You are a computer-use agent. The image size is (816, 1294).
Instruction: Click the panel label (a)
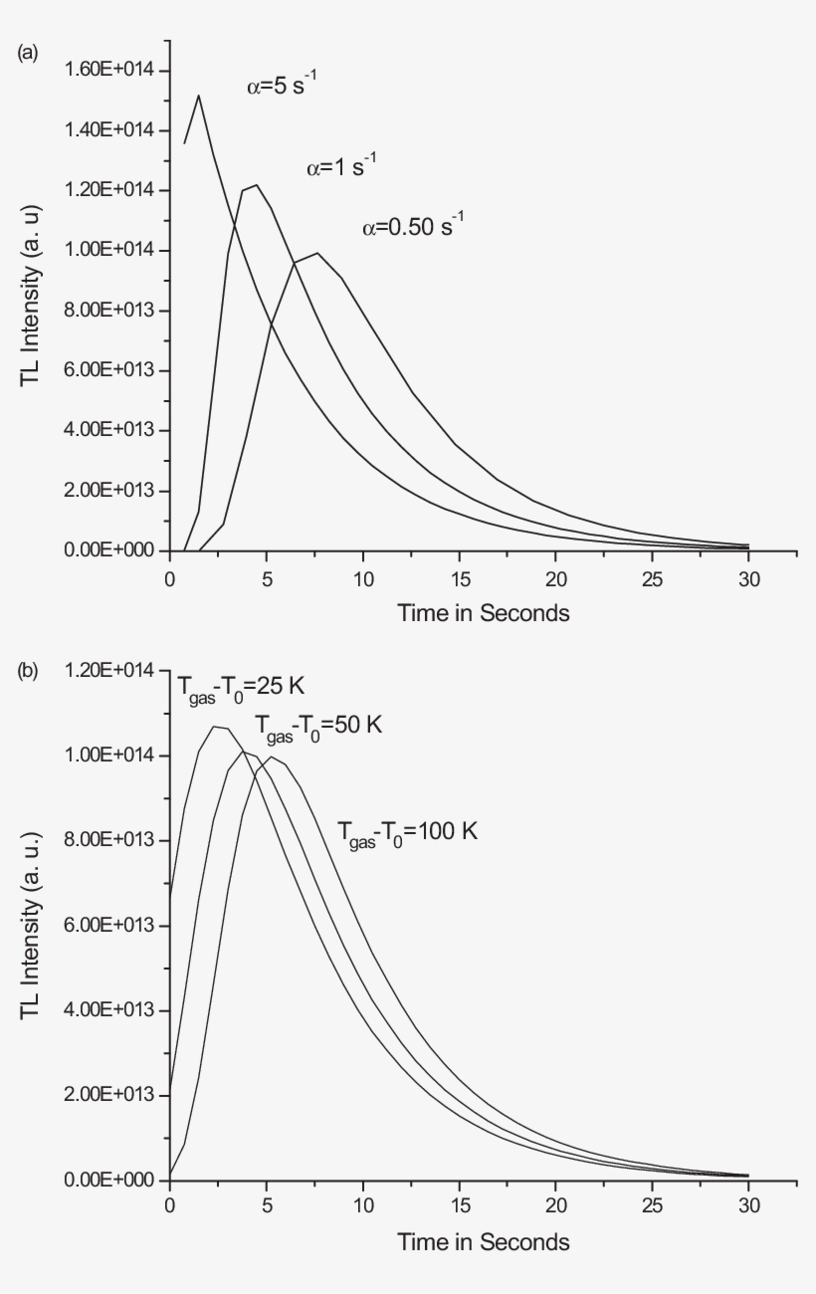28,53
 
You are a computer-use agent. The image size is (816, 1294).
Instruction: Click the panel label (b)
28,671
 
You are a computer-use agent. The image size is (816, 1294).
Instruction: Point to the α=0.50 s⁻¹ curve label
413,227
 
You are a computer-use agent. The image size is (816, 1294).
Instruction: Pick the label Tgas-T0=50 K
317,727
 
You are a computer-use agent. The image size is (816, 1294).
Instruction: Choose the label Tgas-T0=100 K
407,831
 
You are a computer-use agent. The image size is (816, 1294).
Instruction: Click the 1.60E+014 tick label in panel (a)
104,70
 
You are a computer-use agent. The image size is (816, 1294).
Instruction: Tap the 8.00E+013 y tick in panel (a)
104,311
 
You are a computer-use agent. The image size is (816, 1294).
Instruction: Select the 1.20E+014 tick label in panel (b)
104,671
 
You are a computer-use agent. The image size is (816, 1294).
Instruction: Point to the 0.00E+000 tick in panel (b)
104,1181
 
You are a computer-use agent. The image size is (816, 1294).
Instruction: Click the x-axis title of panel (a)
484,613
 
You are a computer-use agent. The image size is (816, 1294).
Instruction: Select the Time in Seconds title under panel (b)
484,1242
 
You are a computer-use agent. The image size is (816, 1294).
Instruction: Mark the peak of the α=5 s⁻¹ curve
199,96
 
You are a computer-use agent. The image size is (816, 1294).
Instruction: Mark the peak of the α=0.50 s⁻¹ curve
317,253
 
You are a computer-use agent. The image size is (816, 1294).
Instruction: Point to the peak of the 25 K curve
215,727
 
